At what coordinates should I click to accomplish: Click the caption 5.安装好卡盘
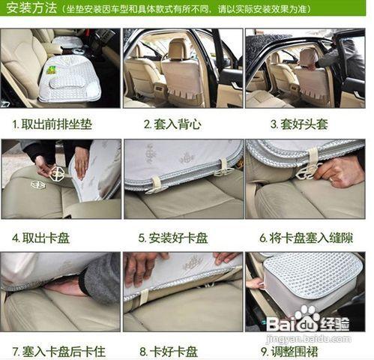pyautogui.click(x=173, y=238)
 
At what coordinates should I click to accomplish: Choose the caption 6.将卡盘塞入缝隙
pyautogui.click(x=306, y=238)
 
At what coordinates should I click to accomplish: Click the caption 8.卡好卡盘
pyautogui.click(x=169, y=350)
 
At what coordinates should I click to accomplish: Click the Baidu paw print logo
pyautogui.click(x=306, y=316)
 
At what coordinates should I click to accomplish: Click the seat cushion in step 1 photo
pyautogui.click(x=69, y=82)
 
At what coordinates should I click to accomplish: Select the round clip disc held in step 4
pyautogui.click(x=57, y=174)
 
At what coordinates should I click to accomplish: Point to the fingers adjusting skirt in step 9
pyautogui.click(x=256, y=283)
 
